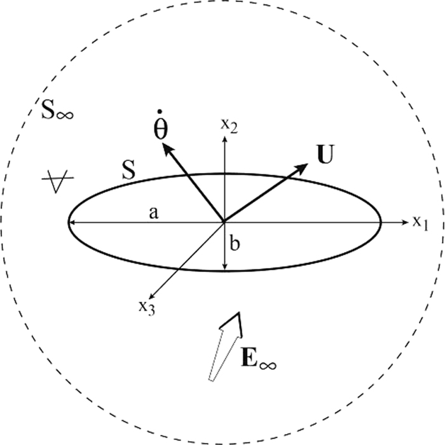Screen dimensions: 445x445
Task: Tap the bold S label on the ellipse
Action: tap(128, 169)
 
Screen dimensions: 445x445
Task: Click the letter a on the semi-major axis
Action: tap(153, 213)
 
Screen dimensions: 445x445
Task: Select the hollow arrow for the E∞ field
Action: tap(225, 347)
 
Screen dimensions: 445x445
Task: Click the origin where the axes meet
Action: tap(224, 222)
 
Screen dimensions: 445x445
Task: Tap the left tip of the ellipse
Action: tap(69, 222)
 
